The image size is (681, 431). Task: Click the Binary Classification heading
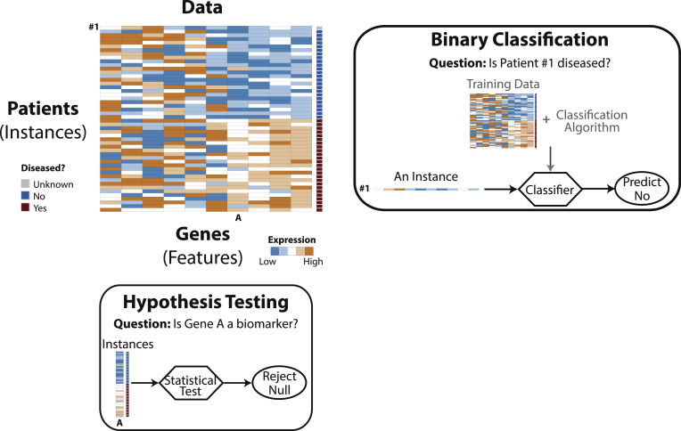[519, 40]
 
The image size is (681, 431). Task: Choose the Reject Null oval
[278, 386]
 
